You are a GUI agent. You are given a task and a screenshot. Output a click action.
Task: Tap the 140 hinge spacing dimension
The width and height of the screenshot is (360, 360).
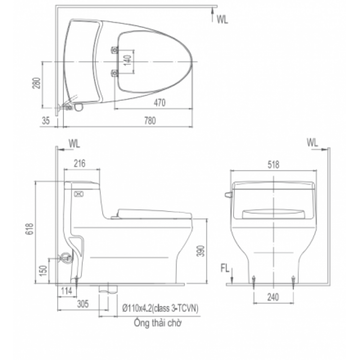(126, 61)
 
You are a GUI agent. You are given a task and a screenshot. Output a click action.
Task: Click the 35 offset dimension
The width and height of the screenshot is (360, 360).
(46, 122)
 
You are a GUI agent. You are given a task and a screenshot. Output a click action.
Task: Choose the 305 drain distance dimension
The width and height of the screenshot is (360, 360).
(83, 304)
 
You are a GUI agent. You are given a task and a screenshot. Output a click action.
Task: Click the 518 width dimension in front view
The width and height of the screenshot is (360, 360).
(273, 164)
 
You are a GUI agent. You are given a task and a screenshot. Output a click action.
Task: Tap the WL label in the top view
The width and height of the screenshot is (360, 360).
(222, 19)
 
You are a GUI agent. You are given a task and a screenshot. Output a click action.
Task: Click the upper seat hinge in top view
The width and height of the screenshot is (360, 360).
(115, 50)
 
